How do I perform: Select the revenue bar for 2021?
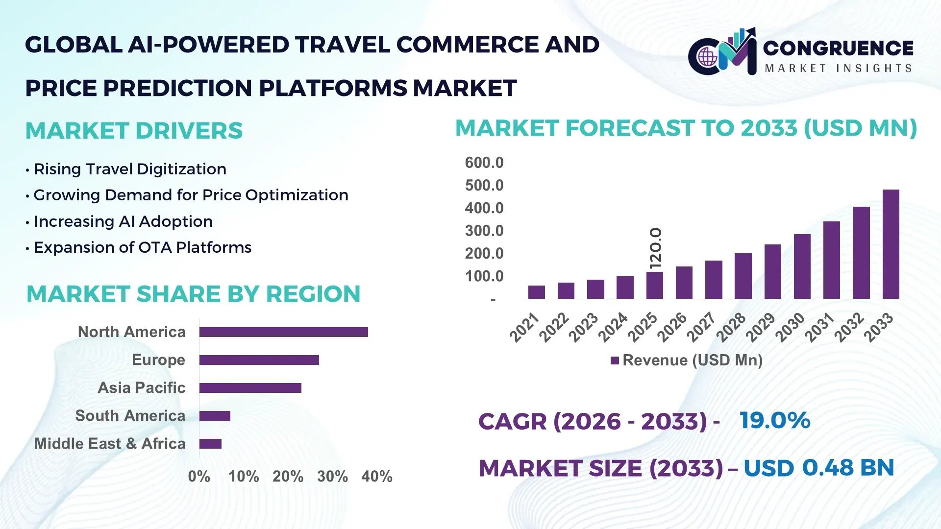coord(536,292)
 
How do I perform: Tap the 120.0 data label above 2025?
coord(655,248)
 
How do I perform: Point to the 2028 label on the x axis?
coord(731,327)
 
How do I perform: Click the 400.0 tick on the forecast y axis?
coord(484,208)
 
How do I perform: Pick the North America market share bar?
coord(283,332)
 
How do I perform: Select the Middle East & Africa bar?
coord(210,444)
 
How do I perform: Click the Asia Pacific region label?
coord(141,388)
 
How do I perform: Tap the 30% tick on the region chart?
coord(332,476)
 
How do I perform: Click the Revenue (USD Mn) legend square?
coord(615,361)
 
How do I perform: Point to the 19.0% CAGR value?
coord(774,420)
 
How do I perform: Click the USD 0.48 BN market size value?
coord(818,468)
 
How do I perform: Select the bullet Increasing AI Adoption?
coord(123,221)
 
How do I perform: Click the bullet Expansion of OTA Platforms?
coord(142,247)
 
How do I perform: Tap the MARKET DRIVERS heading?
coord(134,131)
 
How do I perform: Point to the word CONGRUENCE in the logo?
coord(838,48)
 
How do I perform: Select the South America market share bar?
coord(215,416)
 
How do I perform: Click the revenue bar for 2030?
coord(802,266)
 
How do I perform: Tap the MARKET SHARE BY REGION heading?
coord(193,294)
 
